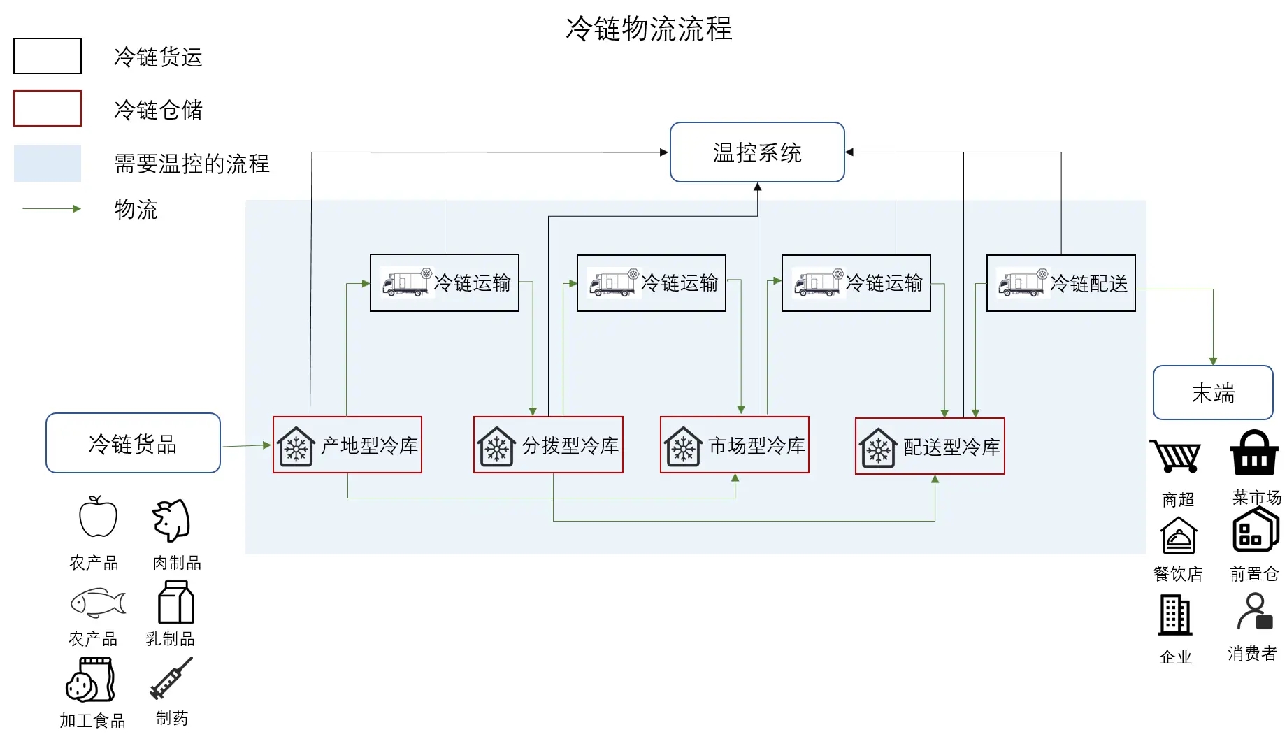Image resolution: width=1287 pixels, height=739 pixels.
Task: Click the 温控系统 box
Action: (757, 152)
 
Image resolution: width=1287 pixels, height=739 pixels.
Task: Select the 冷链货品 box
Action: (133, 443)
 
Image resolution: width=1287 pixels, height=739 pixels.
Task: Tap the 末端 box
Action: (1212, 392)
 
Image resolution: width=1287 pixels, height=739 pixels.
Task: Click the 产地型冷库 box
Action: (347, 445)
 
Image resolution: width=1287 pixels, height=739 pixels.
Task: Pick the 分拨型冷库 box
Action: (548, 445)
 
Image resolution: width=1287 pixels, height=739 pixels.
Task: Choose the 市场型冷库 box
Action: (735, 445)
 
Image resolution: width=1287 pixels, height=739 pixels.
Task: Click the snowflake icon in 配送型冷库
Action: (878, 448)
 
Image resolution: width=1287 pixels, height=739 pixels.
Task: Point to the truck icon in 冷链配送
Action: (1022, 283)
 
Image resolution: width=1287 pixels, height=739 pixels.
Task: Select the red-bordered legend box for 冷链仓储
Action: (48, 108)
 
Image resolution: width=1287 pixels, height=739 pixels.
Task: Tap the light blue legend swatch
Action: (48, 163)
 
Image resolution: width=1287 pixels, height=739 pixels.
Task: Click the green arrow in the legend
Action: (52, 208)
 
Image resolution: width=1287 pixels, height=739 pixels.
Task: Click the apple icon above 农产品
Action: (98, 517)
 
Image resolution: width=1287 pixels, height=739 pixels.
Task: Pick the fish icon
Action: (98, 603)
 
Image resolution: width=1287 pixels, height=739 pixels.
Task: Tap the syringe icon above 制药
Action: (171, 679)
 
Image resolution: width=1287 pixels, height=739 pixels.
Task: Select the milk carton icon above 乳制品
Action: (176, 603)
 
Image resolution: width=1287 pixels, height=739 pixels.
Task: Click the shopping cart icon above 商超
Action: (1176, 457)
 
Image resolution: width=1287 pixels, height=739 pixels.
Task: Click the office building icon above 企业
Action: (1175, 615)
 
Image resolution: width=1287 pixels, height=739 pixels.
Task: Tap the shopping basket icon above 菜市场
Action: (1254, 453)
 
